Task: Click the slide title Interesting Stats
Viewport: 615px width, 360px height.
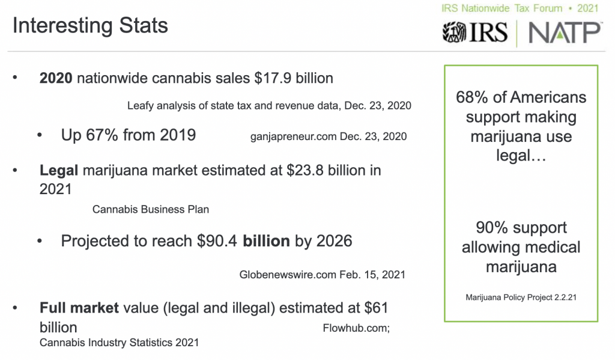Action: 90,26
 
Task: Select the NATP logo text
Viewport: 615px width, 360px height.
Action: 565,32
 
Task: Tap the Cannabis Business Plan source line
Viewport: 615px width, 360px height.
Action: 151,210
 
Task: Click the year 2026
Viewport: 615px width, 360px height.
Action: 333,241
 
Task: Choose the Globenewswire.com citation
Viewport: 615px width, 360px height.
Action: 323,275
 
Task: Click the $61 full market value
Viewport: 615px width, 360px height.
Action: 377,308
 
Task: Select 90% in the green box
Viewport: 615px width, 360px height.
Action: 492,228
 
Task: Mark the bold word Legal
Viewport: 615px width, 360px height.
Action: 59,171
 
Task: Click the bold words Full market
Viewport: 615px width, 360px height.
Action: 79,308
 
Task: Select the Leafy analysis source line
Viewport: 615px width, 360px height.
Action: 269,106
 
